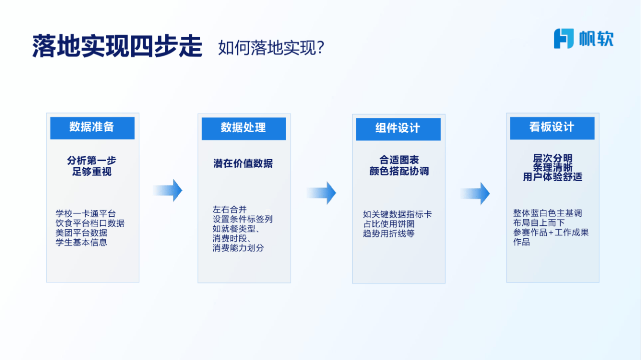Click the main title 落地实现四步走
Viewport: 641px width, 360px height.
pos(117,47)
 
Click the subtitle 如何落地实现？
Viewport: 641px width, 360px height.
pos(272,48)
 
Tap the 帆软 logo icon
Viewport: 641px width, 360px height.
pos(563,39)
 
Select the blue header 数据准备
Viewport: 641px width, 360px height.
pos(92,128)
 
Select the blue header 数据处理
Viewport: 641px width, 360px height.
pos(243,128)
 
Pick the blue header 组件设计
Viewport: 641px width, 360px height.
pos(398,129)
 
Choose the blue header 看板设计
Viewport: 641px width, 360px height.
pos(552,128)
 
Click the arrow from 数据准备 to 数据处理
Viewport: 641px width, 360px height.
pos(168,190)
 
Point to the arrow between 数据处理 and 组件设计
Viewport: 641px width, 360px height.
pos(322,193)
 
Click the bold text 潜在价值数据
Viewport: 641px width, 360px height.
pos(243,163)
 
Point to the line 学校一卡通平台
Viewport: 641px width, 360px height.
pos(86,214)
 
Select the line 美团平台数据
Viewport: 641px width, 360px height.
pos(81,233)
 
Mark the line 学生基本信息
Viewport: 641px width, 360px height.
pos(81,242)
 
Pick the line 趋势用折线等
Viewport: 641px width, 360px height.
pos(389,233)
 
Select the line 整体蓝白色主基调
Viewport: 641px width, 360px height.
pos(547,213)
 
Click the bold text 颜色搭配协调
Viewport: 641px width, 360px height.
pos(399,171)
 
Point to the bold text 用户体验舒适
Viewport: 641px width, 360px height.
pos(552,177)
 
